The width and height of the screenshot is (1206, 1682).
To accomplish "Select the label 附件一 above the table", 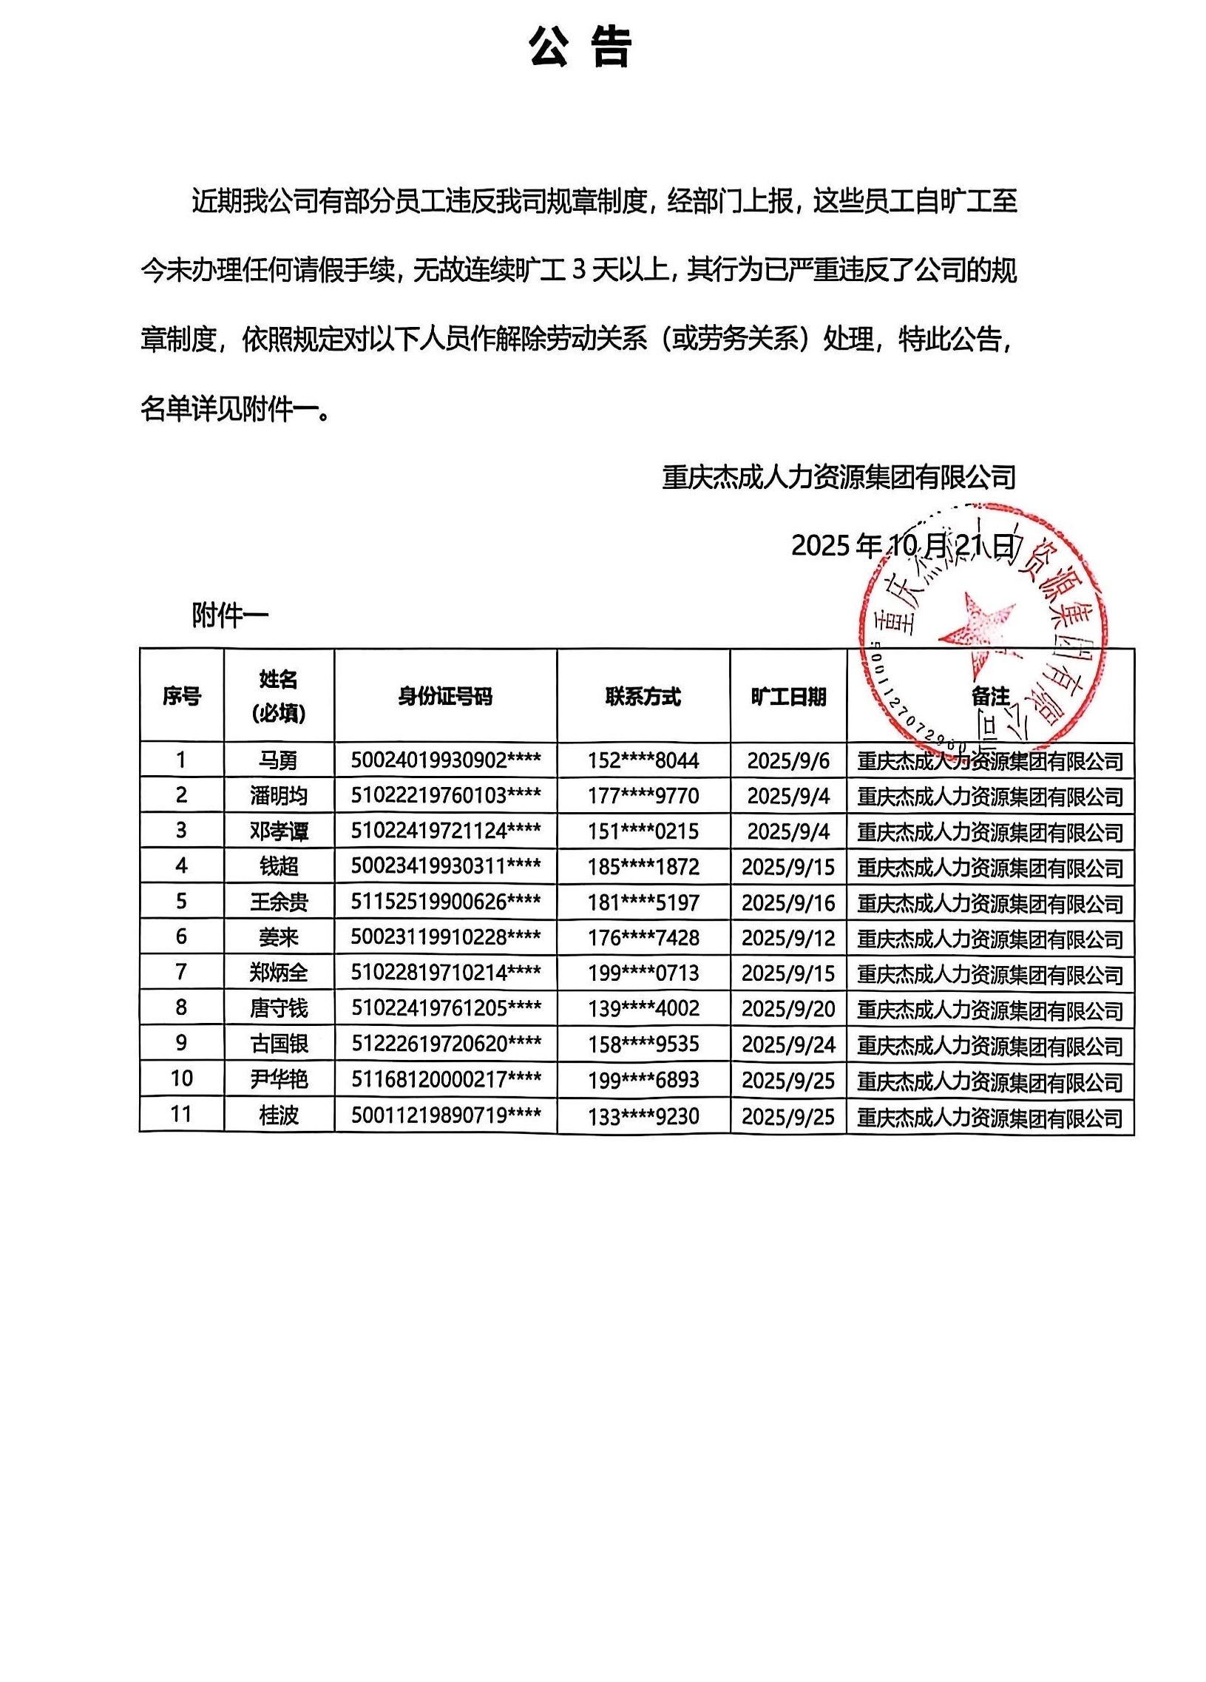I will (x=230, y=615).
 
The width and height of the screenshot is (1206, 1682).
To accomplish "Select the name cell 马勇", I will (x=279, y=760).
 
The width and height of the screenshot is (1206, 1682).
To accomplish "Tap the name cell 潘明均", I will (x=279, y=796).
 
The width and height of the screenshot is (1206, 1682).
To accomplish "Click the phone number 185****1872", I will (x=643, y=866).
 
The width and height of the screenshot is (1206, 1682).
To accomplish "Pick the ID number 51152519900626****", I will (x=445, y=902).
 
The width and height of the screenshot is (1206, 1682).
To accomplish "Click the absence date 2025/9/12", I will (x=788, y=937).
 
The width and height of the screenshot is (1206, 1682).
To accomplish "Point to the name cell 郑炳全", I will (x=279, y=972).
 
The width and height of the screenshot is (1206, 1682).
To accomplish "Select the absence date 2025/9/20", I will (x=788, y=1008).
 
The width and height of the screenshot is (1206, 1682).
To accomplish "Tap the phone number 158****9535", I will (x=643, y=1044).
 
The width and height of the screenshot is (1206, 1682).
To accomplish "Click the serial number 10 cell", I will (x=182, y=1078).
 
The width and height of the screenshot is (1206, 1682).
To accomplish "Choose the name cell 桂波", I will (x=279, y=1115).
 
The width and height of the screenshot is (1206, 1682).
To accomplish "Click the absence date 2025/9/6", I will (x=788, y=760).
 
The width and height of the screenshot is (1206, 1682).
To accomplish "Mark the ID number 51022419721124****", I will (x=445, y=831).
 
